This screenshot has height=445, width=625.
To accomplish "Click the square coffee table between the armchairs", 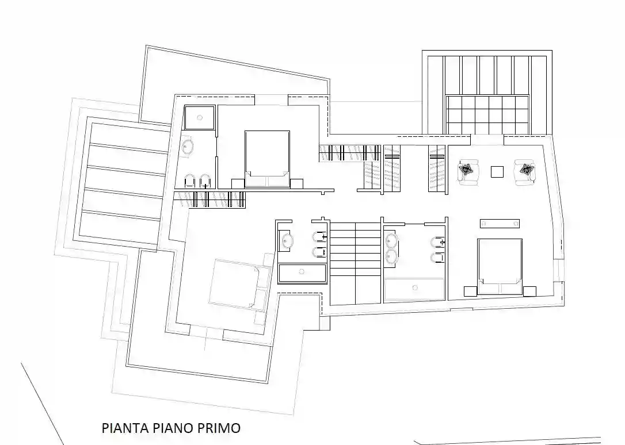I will (x=497, y=171).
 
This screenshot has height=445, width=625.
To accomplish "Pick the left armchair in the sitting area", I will (x=468, y=172).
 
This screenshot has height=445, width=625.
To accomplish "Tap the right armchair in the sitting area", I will (x=525, y=171).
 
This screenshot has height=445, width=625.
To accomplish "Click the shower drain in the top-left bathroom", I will (x=199, y=117).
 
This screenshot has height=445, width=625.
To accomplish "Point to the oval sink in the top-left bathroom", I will (x=188, y=147).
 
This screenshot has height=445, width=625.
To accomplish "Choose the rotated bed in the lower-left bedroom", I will (x=237, y=283).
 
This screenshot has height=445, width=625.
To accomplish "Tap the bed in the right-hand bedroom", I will (x=500, y=265).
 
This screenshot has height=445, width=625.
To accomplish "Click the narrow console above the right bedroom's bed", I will (x=500, y=223).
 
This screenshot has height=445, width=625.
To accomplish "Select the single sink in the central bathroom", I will (x=287, y=241).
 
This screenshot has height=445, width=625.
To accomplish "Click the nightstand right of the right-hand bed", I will (x=529, y=290).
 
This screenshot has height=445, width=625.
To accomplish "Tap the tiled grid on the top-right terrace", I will (x=487, y=114).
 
